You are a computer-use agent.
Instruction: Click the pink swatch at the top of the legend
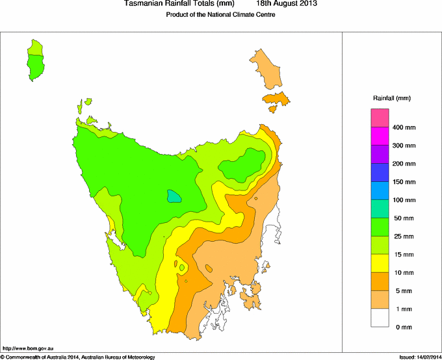(x=380, y=118)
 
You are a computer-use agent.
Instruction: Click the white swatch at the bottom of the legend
(x=380, y=318)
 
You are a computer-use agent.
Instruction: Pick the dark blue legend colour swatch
(x=380, y=172)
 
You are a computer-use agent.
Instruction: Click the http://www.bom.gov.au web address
(x=28, y=349)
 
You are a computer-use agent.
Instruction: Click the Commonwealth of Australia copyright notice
(x=78, y=357)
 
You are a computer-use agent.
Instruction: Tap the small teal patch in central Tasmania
(x=174, y=196)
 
